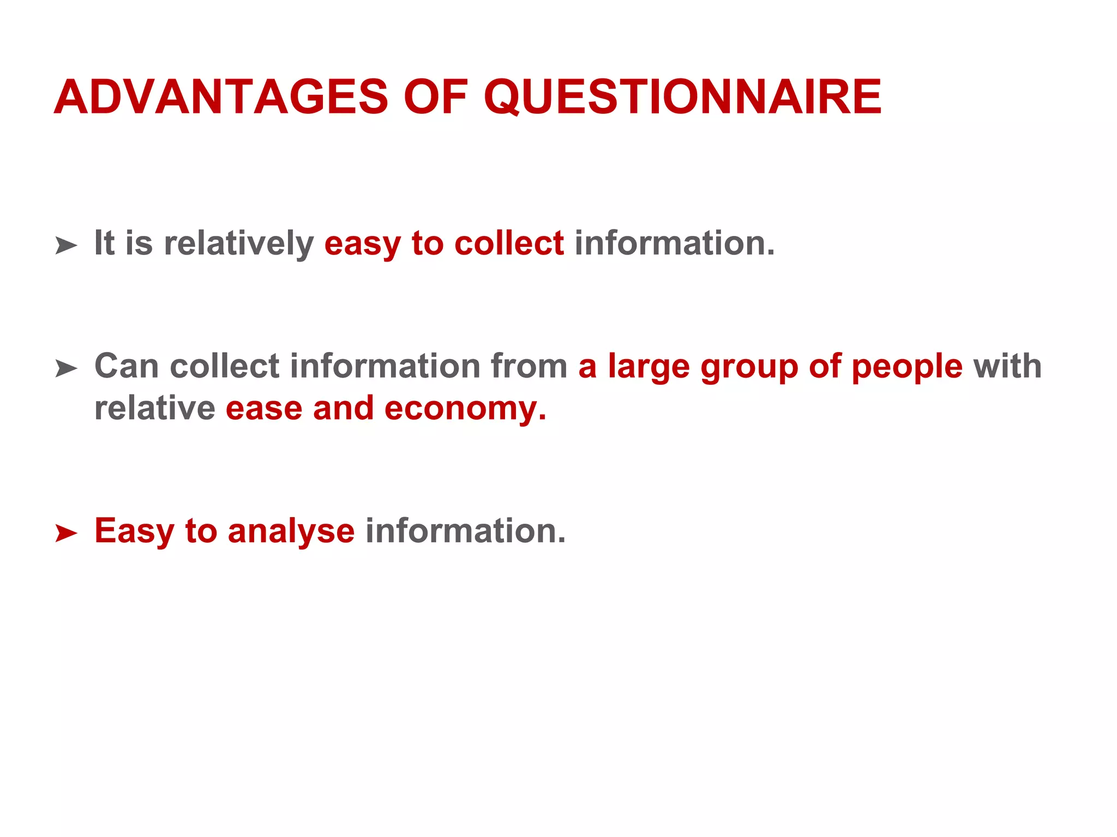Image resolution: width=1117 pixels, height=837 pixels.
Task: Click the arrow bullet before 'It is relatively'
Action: [66, 246]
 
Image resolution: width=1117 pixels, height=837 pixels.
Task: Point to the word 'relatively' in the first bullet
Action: [238, 243]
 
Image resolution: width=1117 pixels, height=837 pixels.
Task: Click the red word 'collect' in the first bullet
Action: [509, 243]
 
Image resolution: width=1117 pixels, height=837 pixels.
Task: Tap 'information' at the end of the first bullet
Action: [674, 243]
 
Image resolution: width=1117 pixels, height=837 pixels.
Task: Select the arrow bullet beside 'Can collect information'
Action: [66, 369]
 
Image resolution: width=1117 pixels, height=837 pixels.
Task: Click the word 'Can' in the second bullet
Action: [127, 366]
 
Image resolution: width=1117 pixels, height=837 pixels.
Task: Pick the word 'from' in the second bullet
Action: [529, 366]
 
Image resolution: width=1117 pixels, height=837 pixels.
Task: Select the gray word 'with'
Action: [1007, 366]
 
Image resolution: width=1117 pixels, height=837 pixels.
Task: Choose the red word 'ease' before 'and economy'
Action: [264, 409]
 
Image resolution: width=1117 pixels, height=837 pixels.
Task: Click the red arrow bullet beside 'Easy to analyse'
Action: [66, 533]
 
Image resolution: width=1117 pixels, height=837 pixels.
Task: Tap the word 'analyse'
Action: [291, 531]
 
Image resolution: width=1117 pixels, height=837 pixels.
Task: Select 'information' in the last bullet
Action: [465, 531]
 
